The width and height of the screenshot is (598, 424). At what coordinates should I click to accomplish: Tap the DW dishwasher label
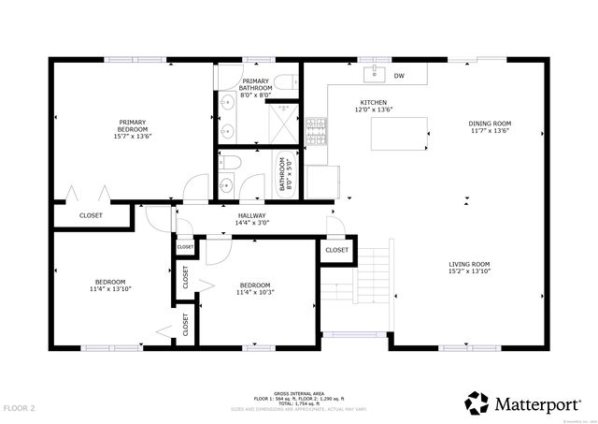click(x=399, y=76)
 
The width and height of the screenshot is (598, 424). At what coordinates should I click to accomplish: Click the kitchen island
click(x=397, y=133)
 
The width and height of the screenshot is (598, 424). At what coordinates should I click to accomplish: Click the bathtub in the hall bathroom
click(x=281, y=174)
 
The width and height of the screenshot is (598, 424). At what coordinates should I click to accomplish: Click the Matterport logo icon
click(x=477, y=402)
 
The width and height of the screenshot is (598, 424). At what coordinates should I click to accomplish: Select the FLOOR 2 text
click(x=19, y=408)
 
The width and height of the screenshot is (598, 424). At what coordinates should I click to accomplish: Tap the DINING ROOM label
click(x=490, y=124)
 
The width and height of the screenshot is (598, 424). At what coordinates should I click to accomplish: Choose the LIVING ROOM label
click(x=467, y=264)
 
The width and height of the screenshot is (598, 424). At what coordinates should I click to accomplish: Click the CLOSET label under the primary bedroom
click(x=91, y=215)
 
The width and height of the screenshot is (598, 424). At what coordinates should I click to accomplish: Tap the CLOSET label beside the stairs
click(x=336, y=250)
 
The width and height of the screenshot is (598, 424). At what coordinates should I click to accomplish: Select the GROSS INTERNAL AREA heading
click(x=299, y=393)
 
